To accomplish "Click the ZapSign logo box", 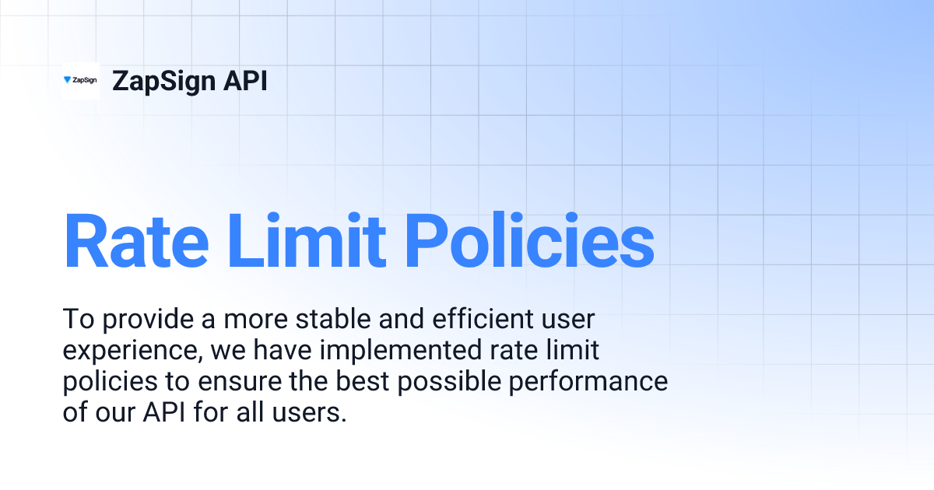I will [81, 80].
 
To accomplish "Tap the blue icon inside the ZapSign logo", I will [68, 79].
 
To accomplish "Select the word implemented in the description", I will [393, 351].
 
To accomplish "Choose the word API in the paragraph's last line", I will [165, 413].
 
